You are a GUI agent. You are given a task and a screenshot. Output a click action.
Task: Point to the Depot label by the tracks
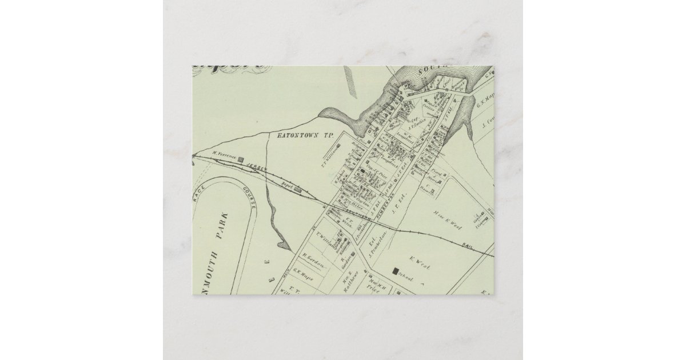coord(288,185)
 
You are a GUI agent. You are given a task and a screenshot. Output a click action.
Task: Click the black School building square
coord(394,270)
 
